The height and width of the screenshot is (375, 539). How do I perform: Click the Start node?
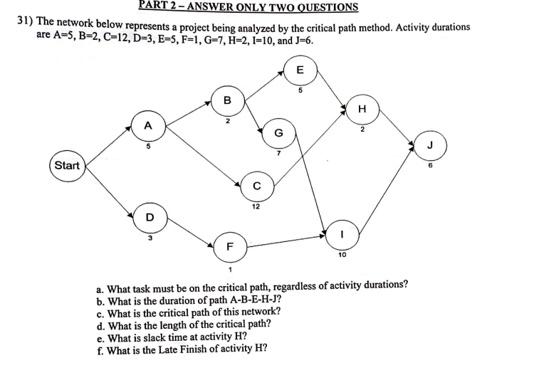(67, 165)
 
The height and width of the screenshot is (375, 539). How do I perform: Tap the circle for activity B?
(227, 101)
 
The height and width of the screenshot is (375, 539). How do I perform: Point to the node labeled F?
(229, 247)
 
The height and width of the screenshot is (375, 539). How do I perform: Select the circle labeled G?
(278, 132)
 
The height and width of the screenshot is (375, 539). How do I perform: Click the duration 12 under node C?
(255, 207)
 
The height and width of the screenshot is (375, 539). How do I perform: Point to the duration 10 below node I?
(342, 254)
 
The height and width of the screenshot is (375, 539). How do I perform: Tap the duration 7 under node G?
(278, 152)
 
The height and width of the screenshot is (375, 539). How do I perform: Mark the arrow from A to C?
(203, 157)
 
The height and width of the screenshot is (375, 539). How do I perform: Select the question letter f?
(100, 349)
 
